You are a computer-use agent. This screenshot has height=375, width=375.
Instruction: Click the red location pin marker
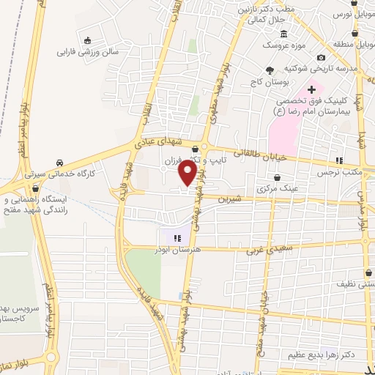188,173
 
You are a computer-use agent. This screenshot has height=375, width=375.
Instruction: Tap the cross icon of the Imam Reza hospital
311,89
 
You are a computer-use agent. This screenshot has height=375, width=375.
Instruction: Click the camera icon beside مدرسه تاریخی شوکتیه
320,58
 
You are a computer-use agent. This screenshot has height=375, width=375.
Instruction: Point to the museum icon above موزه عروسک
283,34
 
